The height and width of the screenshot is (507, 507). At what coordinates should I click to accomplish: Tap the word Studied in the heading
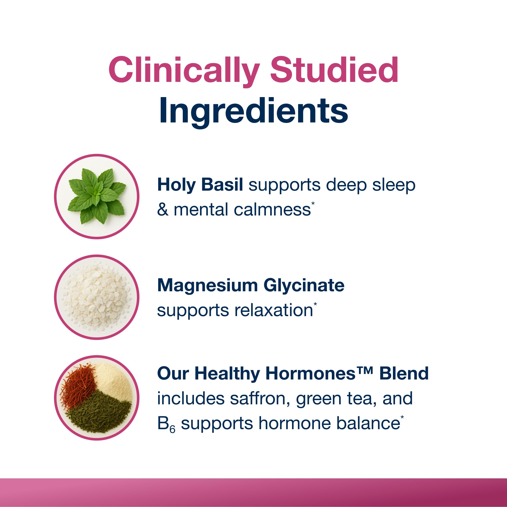(334, 70)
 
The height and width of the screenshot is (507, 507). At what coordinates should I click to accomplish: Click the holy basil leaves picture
(97, 196)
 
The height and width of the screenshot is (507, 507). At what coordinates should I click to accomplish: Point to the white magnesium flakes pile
(97, 297)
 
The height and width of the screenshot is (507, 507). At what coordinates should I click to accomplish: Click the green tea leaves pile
(100, 415)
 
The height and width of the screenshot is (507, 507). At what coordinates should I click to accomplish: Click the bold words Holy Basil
(200, 185)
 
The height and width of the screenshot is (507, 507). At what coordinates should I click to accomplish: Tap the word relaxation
(274, 310)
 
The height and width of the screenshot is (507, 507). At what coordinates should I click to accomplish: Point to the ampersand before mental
(163, 210)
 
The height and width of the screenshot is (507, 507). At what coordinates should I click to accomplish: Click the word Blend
(404, 373)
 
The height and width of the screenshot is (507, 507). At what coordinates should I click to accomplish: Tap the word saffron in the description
(260, 398)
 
